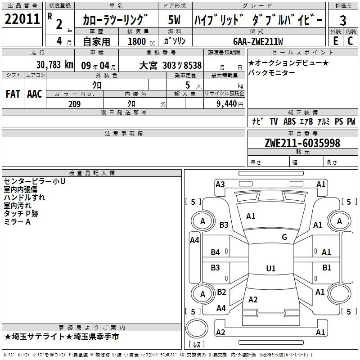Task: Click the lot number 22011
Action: pos(22,19)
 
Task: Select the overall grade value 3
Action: pos(343,20)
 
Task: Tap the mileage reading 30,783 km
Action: pos(55,65)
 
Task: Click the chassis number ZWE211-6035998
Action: pos(302,143)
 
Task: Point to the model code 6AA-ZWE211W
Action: pos(258,41)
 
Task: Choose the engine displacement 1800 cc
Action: pos(141,42)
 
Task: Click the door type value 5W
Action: pos(174,20)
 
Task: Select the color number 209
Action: pos(75,104)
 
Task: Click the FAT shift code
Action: pos(13,94)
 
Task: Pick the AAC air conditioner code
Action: pos(35,94)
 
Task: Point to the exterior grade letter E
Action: pos(336,41)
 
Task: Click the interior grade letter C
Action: pos(350,41)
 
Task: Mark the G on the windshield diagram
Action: pos(284,237)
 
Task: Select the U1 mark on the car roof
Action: pos(271,268)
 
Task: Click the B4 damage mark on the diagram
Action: pos(216,252)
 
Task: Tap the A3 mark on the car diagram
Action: pos(220,184)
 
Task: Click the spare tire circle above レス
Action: pos(197,328)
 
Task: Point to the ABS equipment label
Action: pos(289,121)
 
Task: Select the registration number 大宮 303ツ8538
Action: pos(171,66)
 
